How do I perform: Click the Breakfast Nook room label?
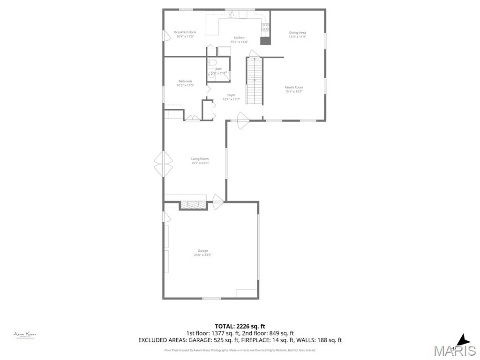pyautogui.click(x=185, y=32)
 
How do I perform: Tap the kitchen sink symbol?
pyautogui.click(x=232, y=15)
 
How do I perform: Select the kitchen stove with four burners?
pyautogui.click(x=265, y=27)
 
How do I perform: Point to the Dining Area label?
pyautogui.click(x=297, y=32)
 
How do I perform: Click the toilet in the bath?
pyautogui.click(x=211, y=63)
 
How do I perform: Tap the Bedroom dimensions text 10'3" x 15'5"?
pyautogui.click(x=185, y=85)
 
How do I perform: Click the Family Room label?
pyautogui.click(x=294, y=87)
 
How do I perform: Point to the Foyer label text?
pyautogui.click(x=232, y=95)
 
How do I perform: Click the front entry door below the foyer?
pyautogui.click(x=243, y=121)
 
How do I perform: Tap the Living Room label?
pyautogui.click(x=200, y=159)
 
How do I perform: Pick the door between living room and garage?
pyautogui.click(x=218, y=202)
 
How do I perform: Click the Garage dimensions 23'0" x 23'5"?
pyautogui.click(x=203, y=255)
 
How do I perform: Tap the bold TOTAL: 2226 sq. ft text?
pyautogui.click(x=240, y=326)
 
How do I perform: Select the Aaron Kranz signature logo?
pyautogui.click(x=25, y=335)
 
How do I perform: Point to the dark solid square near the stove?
pyautogui.click(x=265, y=41)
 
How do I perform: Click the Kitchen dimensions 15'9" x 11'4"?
pyautogui.click(x=239, y=42)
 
